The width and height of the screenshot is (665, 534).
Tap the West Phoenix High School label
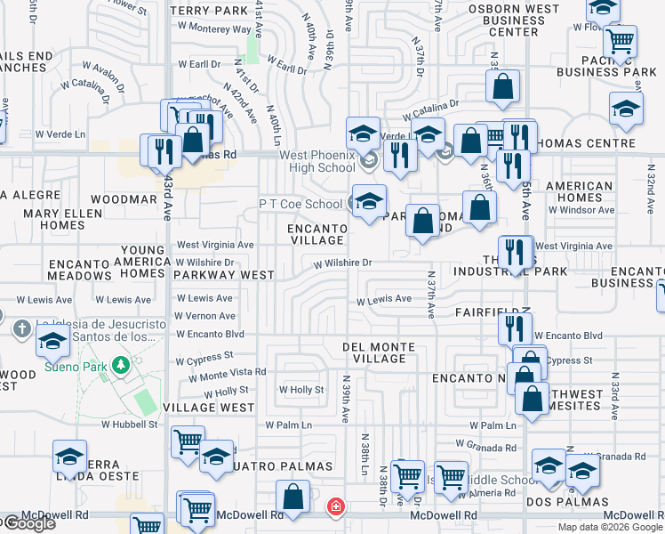pos(317,161)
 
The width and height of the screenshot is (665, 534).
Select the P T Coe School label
pos(300,204)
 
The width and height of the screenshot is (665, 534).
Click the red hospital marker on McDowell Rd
pos(335,506)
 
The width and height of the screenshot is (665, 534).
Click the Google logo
pos(28,523)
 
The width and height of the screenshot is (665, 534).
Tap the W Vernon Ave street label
pos(204,316)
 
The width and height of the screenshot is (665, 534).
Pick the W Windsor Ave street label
pos(581,210)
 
